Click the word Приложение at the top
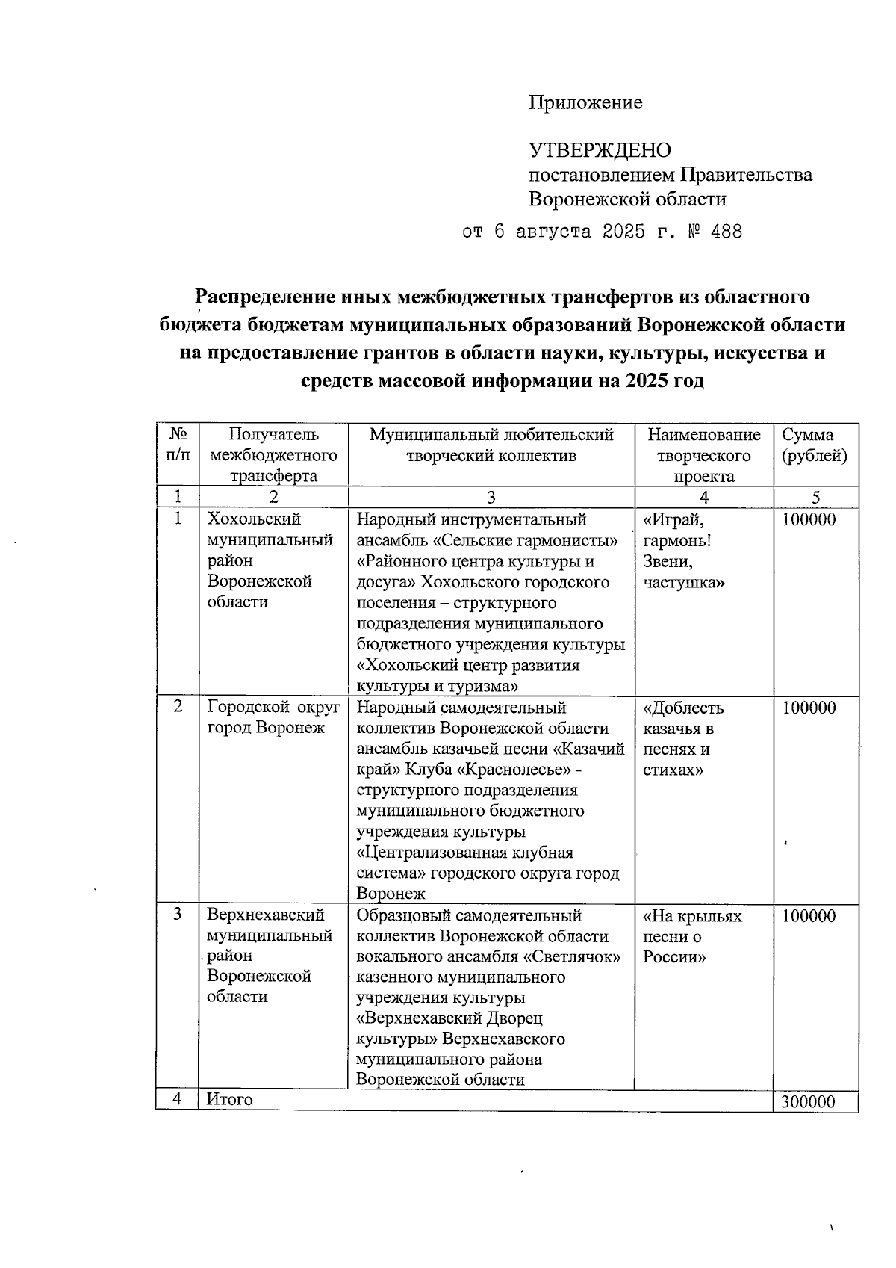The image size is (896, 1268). pos(585,103)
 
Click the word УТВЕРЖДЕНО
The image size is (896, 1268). pos(600,151)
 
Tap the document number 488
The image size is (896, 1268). pos(727,232)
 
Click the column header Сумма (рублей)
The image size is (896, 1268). pos(814,445)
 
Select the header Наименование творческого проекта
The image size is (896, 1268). pos(703,455)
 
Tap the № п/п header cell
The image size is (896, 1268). pos(178,445)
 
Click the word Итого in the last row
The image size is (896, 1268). pos(230,1099)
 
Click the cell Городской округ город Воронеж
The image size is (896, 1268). pos(273,717)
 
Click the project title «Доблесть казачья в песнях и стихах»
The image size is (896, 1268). pos(682,738)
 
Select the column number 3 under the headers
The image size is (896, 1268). pos(491,498)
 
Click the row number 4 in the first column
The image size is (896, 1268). pos(177,1099)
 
